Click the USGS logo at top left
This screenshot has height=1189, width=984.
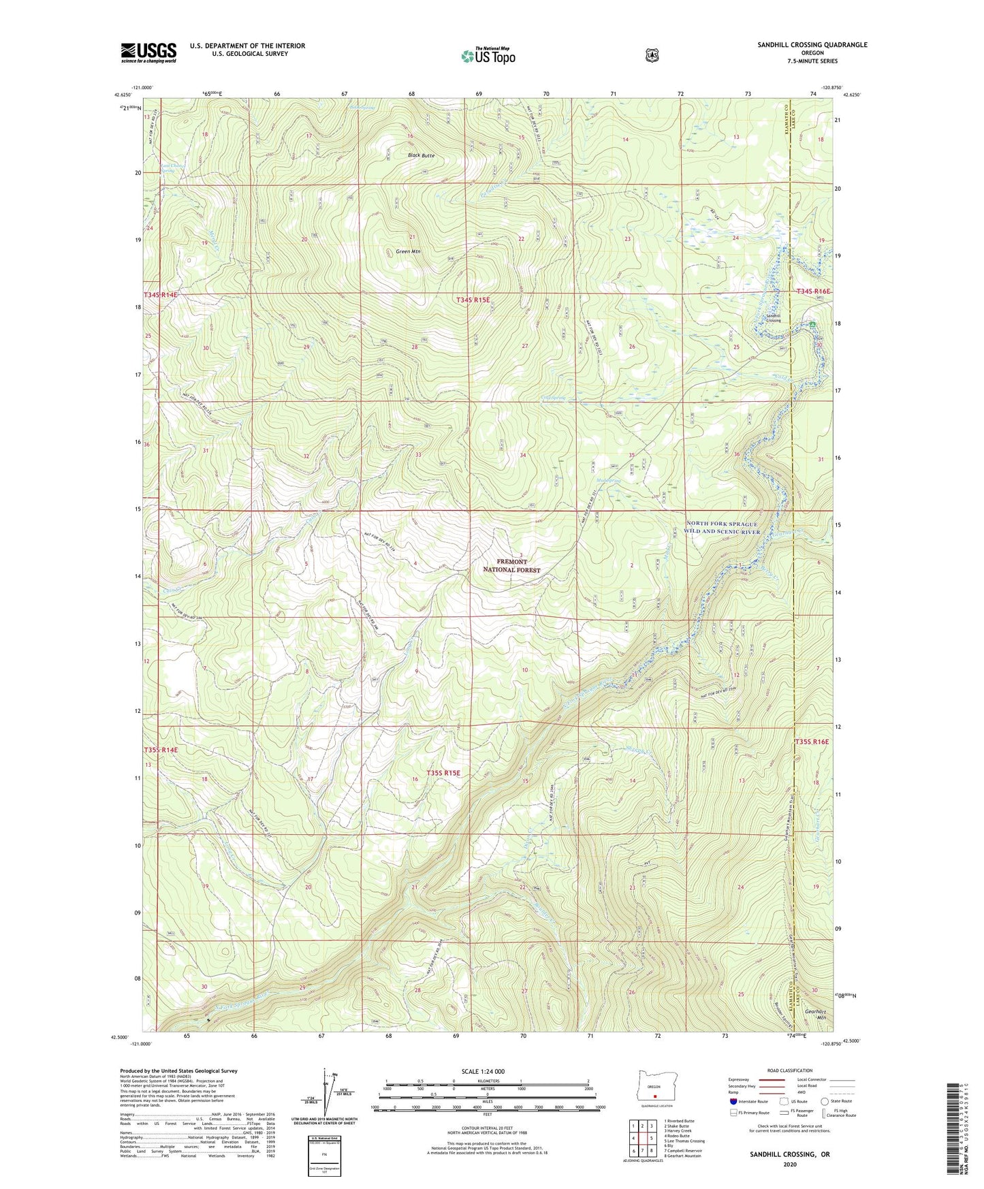[148, 52]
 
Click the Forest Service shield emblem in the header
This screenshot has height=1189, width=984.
[652, 55]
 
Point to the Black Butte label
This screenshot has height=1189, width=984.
[421, 156]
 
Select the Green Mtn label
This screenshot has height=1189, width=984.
[409, 252]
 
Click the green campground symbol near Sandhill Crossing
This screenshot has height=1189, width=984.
[812, 324]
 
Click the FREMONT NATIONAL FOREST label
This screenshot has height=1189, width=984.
[511, 565]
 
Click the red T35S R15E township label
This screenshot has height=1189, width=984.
[443, 773]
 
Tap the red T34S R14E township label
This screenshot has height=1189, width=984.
[161, 295]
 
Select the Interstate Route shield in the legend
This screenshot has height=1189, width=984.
[733, 1101]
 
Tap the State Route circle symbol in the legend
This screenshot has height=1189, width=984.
[824, 1101]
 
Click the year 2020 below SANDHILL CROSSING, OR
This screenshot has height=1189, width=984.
[790, 1164]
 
